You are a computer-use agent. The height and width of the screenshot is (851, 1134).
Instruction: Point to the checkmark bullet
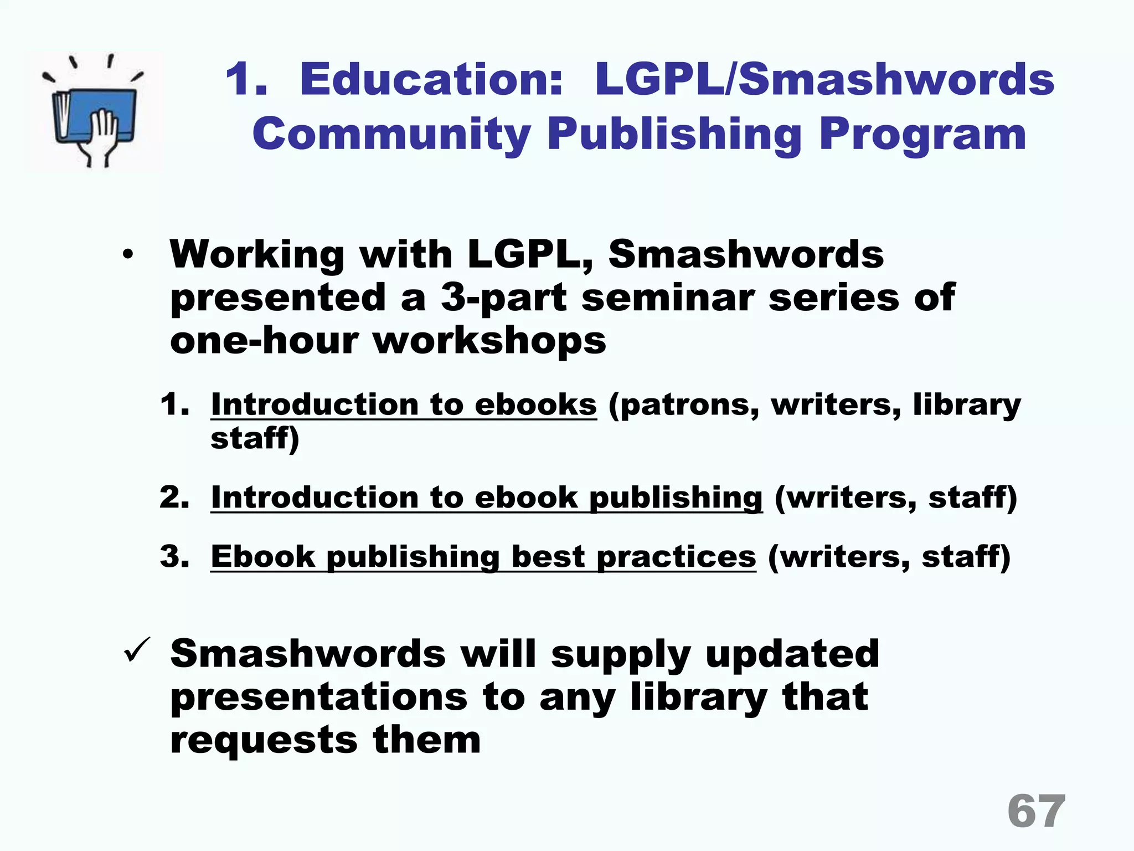pos(137,649)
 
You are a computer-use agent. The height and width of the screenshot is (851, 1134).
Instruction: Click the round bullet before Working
pos(128,255)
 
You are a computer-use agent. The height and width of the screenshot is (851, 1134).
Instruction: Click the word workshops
pos(489,341)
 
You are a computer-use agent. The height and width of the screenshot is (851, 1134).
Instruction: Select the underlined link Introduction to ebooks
pos(404,404)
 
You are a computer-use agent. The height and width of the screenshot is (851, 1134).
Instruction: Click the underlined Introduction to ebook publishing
pos(486,497)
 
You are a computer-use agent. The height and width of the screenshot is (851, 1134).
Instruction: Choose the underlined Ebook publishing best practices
pos(483,556)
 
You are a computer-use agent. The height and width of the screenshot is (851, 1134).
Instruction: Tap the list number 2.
pos(174,497)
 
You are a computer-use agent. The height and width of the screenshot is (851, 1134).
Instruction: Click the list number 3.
pos(174,556)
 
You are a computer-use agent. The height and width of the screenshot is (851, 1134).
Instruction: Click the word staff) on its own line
pos(255,439)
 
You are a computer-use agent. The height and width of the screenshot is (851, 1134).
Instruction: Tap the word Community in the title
pos(391,134)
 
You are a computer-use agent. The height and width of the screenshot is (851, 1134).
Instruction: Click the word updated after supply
pos(792,654)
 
